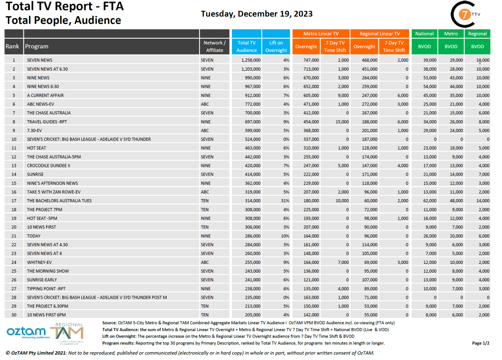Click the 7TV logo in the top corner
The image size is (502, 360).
click(x=463, y=14)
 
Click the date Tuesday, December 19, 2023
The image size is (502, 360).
click(x=257, y=13)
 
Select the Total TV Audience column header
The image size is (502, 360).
click(x=246, y=47)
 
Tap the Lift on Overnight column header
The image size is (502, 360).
click(x=276, y=47)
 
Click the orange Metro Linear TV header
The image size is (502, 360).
click(x=321, y=34)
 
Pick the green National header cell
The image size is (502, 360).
click(x=424, y=34)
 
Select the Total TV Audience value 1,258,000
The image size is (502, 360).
click(x=251, y=60)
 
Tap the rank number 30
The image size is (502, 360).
click(x=14, y=314)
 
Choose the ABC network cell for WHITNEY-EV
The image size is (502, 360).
click(x=206, y=262)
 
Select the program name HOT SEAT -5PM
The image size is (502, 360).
click(x=42, y=218)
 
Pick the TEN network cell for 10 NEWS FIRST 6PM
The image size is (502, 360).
click(x=206, y=314)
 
